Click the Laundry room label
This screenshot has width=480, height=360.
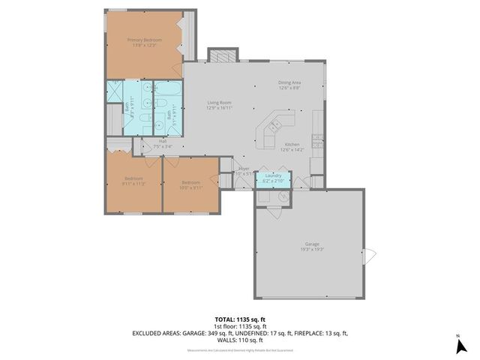pyautogui.click(x=272, y=175)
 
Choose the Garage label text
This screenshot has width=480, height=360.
pyautogui.click(x=311, y=244)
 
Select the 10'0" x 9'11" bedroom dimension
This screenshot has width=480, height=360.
pyautogui.click(x=190, y=187)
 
